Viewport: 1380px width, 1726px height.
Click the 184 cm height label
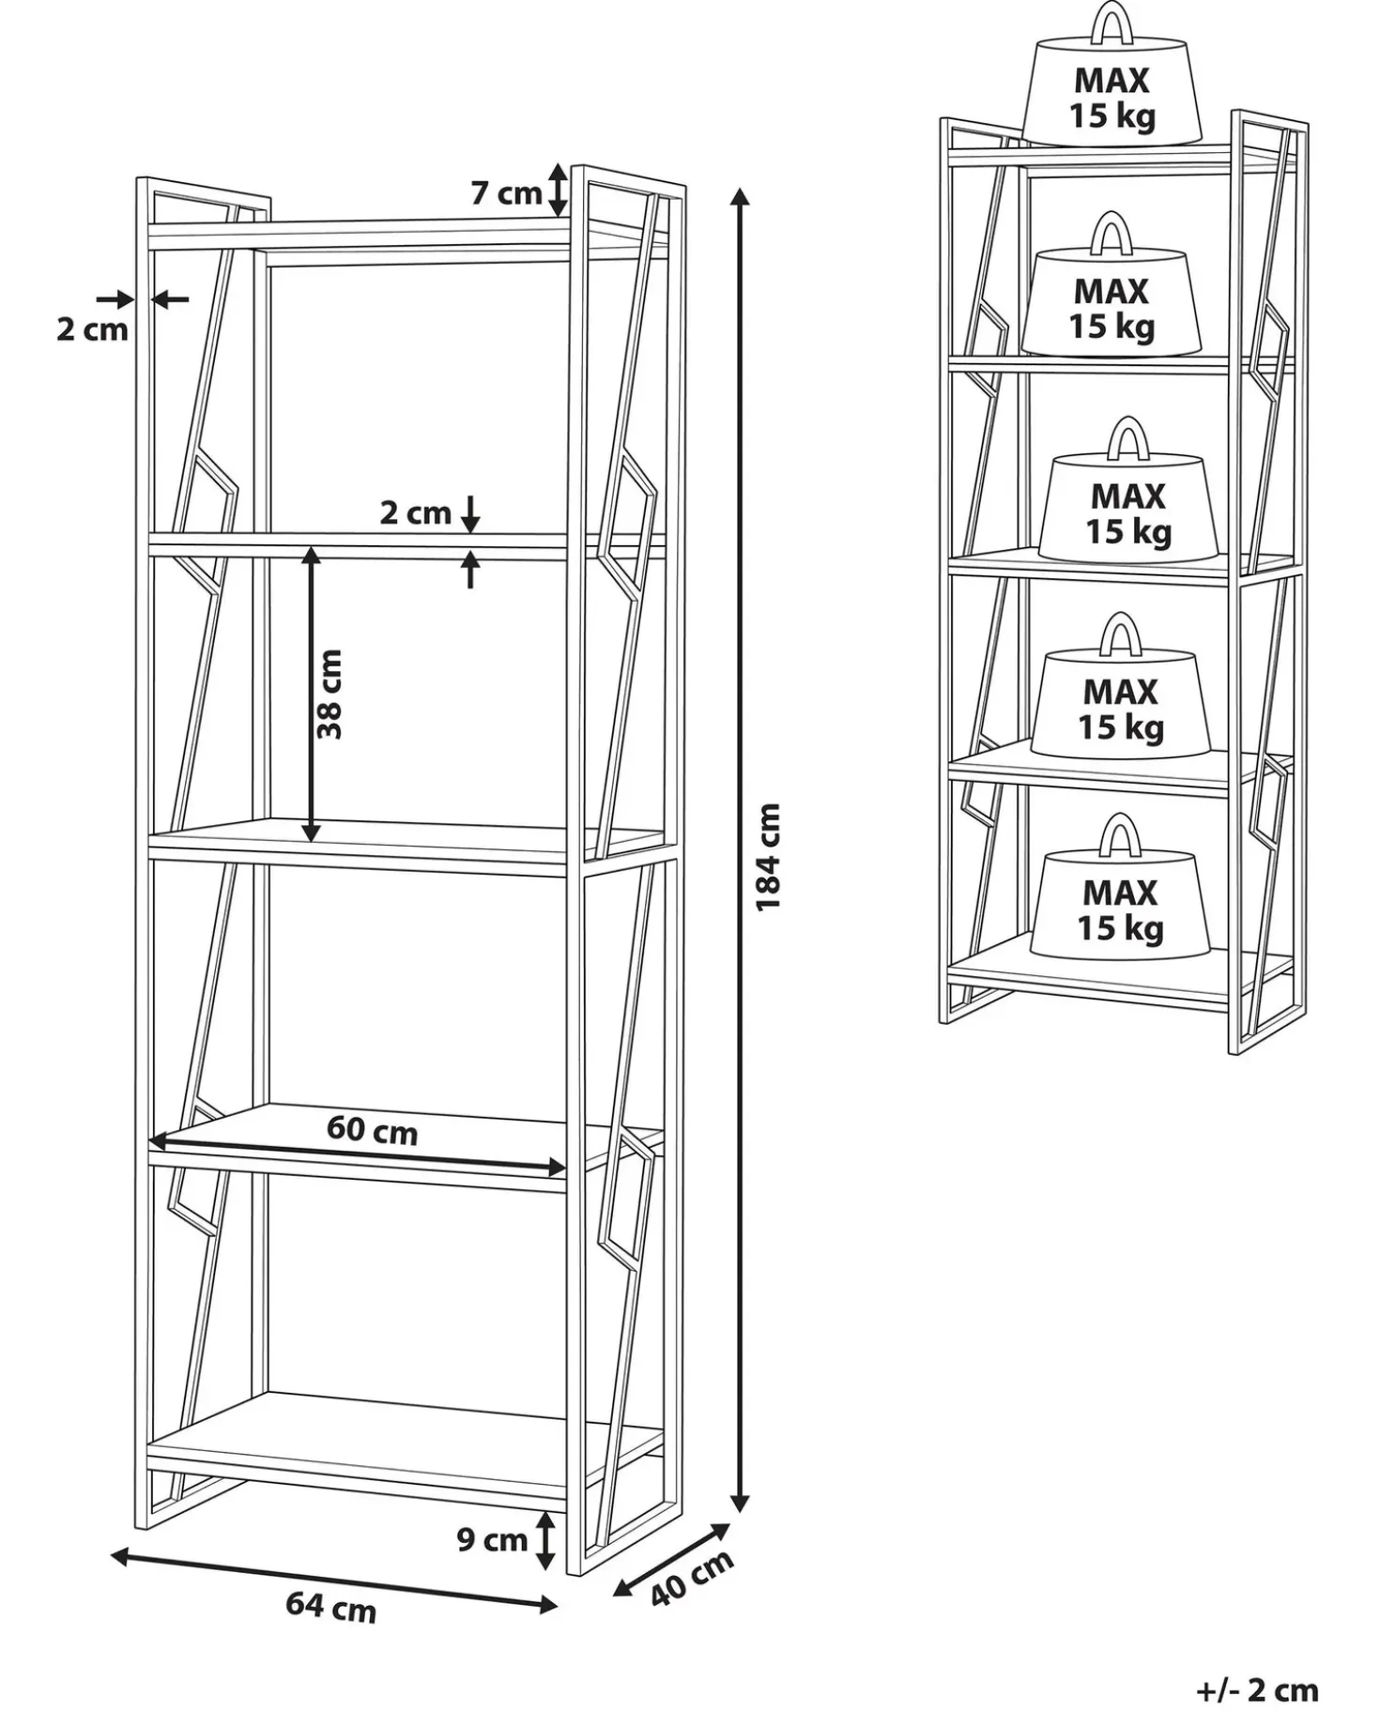768,855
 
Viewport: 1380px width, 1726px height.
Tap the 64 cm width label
331,1608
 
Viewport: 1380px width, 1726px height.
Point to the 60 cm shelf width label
372,1129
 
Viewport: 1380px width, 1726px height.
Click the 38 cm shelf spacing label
330,695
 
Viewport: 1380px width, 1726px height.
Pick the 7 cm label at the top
506,193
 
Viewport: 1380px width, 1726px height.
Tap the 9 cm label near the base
492,1539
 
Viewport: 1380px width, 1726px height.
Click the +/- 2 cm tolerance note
1258,1690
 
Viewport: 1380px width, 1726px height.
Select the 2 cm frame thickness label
92,329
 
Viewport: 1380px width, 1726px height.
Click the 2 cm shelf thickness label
415,512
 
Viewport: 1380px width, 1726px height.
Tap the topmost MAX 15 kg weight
1112,75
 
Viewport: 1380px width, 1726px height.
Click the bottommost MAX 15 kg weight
1120,887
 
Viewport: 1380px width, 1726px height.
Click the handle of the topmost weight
1112,22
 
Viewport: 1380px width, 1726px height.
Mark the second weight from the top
1112,285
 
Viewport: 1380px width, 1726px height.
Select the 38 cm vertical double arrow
311,695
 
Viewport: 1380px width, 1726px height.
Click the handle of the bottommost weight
1120,833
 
